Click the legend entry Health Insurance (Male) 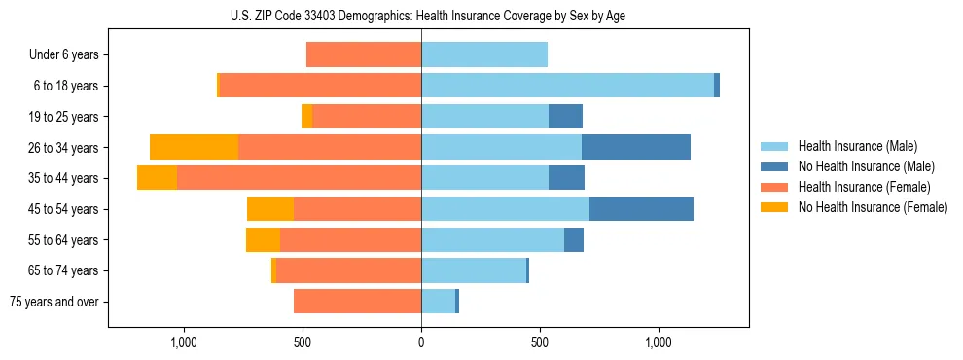pyautogui.click(x=857, y=146)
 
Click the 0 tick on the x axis pyautogui.click(x=421, y=342)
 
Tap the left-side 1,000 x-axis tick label pyautogui.click(x=184, y=342)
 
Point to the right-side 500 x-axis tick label pyautogui.click(x=540, y=342)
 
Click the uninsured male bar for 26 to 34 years pyautogui.click(x=636, y=147)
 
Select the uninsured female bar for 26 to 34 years pyautogui.click(x=195, y=147)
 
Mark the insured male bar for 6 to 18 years pyautogui.click(x=567, y=86)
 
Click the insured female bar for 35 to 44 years pyautogui.click(x=299, y=178)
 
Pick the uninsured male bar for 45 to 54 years pyautogui.click(x=641, y=208)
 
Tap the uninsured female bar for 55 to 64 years pyautogui.click(x=263, y=239)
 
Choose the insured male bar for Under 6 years pyautogui.click(x=484, y=54)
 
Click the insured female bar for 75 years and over pyautogui.click(x=357, y=302)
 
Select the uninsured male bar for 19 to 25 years pyautogui.click(x=565, y=117)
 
